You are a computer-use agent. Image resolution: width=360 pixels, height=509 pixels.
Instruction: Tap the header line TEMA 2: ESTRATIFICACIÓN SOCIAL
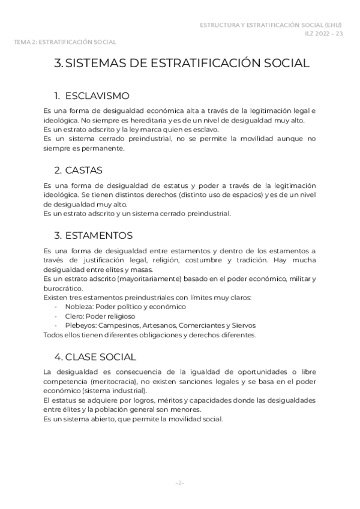[65, 42]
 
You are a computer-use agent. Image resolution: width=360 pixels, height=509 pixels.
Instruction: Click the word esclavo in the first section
[208, 129]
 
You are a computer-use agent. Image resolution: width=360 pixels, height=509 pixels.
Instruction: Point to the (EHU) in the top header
[334, 25]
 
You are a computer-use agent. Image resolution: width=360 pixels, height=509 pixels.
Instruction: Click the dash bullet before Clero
[56, 316]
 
